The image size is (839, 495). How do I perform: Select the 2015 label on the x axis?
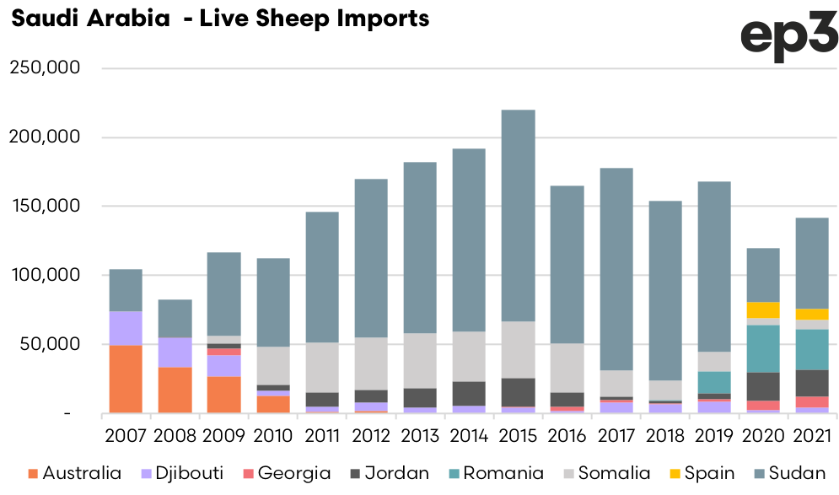click(519, 436)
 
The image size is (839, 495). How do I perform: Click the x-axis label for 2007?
click(126, 436)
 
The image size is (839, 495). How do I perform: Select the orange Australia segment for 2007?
click(126, 379)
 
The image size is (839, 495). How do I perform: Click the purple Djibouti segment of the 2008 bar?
click(175, 352)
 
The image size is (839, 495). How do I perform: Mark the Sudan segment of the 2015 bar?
click(519, 215)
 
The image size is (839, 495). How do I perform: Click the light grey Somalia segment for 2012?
click(371, 363)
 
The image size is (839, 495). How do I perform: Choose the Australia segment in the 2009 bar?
click(223, 395)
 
